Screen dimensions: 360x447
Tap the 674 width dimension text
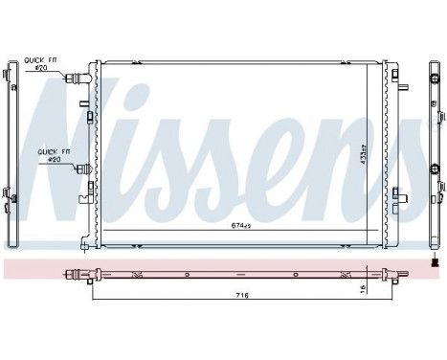point(241,227)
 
